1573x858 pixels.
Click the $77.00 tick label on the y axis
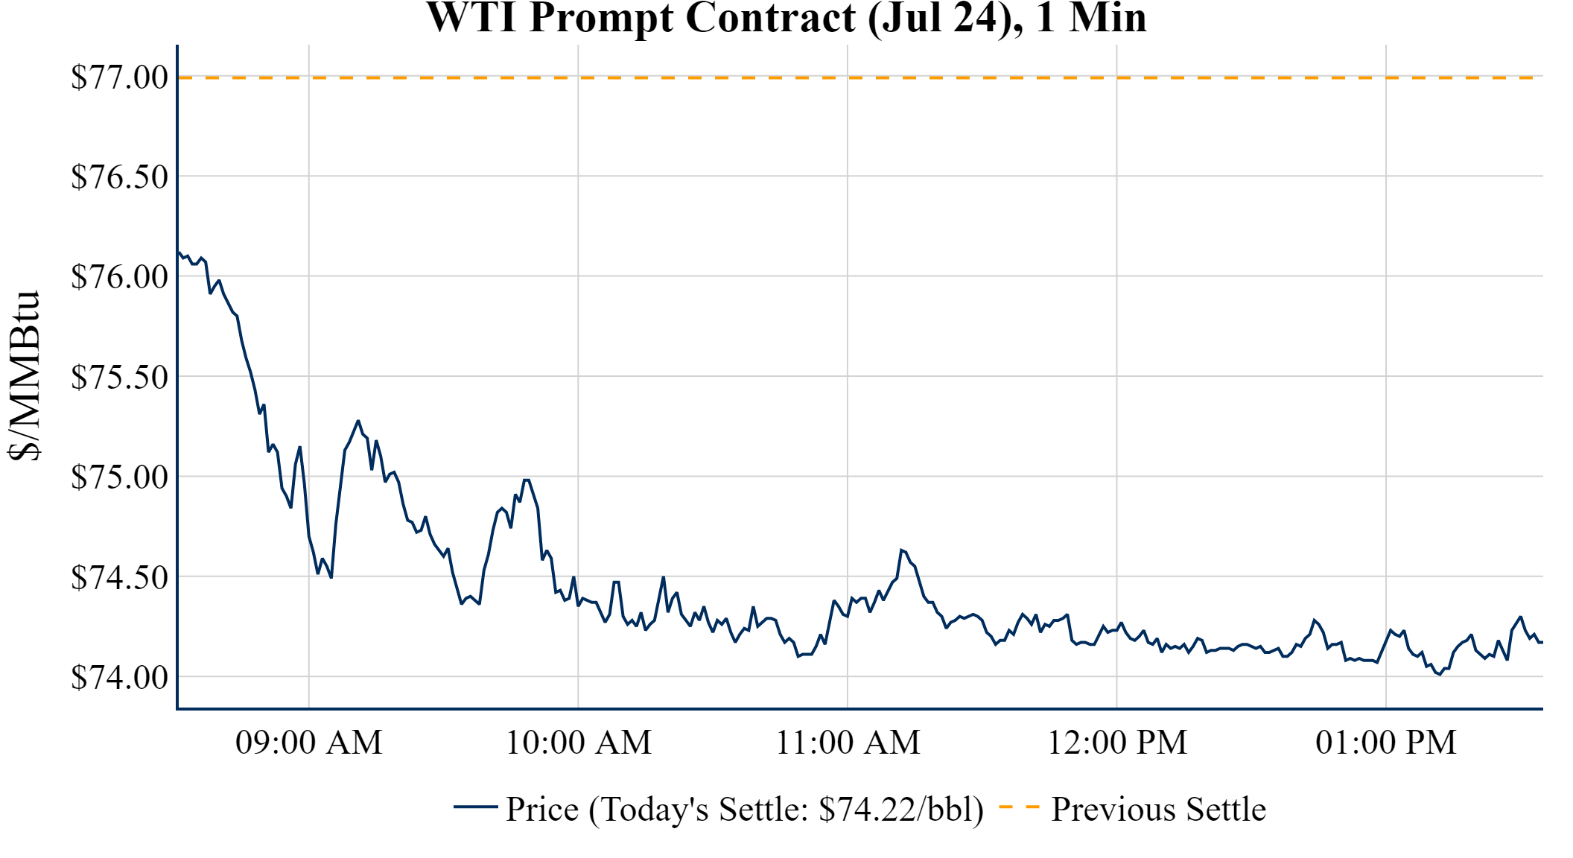click(119, 77)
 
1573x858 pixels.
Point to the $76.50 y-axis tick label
click(119, 177)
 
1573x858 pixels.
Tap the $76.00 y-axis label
click(119, 277)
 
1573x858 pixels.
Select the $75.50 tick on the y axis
click(119, 378)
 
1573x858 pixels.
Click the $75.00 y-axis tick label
click(119, 477)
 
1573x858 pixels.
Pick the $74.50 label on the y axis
click(119, 577)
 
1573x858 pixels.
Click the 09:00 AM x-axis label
click(309, 743)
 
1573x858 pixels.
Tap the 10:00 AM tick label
click(579, 743)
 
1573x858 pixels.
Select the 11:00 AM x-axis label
click(848, 743)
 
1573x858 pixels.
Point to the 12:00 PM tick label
click(1117, 743)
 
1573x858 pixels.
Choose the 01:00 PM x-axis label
click(1386, 743)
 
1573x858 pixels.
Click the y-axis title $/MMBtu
click(24, 376)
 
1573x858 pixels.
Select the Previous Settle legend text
click(1158, 810)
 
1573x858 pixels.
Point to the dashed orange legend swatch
click(1019, 807)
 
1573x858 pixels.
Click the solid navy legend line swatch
click(475, 807)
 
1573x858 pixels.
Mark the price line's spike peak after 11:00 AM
click(901, 550)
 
